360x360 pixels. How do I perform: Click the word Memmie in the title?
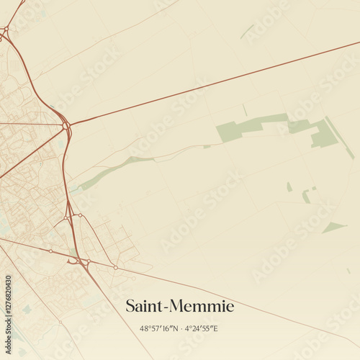[x=203, y=307]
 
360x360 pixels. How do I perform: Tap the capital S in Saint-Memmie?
[x=130, y=307]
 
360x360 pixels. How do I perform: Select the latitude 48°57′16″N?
[x=159, y=328]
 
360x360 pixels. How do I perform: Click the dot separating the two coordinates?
[x=180, y=328]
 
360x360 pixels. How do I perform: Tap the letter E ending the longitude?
[x=215, y=328]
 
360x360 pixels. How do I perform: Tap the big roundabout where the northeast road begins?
[x=66, y=125]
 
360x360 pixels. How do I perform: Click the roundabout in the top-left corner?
[x=5, y=30]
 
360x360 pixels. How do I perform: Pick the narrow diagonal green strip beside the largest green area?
[x=339, y=138]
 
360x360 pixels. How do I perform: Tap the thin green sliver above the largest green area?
[x=247, y=32]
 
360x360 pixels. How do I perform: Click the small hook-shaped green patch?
[x=307, y=196]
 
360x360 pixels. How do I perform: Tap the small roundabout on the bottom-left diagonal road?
[x=50, y=251]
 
